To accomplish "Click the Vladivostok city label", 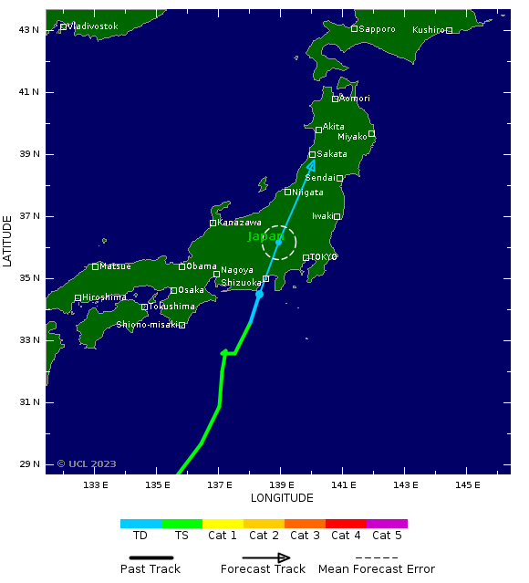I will point(93,26).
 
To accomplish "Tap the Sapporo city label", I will point(377,29).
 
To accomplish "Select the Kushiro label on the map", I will point(428,30).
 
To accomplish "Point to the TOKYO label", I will point(323,257).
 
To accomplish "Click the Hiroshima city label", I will point(104,297).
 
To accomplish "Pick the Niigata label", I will point(307,193).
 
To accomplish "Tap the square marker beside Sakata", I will point(312,154).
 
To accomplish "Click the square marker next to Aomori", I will point(335,99).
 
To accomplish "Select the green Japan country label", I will point(265,236).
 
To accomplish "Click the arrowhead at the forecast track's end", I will point(312,164).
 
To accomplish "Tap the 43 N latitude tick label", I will point(29,30).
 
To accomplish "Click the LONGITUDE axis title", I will point(282,498).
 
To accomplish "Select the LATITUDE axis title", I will point(8,241).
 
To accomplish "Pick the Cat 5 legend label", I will point(387,536).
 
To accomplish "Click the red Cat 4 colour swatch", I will point(346,524).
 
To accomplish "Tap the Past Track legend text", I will point(150,569).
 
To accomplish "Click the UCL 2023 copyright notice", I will point(87,463).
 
